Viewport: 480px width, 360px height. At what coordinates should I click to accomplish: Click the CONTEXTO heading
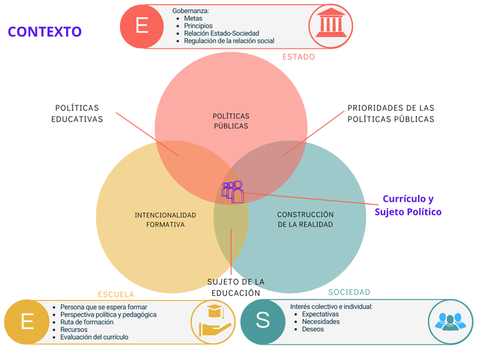click(45, 31)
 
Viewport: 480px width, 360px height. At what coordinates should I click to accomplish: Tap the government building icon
click(331, 26)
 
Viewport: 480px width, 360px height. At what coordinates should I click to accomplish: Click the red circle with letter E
click(142, 26)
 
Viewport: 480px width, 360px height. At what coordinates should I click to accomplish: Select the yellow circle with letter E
click(26, 322)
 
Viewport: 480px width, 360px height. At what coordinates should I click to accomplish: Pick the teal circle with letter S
click(262, 321)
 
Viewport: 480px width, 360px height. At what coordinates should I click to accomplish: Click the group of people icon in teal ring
click(449, 321)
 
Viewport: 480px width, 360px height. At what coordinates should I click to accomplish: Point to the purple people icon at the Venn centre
click(233, 191)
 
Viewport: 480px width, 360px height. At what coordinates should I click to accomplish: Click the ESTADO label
click(298, 57)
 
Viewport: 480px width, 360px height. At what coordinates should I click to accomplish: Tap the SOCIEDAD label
click(349, 292)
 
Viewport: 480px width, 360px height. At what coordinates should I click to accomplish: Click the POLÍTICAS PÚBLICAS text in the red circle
click(231, 121)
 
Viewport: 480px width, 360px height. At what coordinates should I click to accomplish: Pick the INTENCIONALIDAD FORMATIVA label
click(165, 220)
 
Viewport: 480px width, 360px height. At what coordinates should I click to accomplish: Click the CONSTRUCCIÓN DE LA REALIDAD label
click(305, 219)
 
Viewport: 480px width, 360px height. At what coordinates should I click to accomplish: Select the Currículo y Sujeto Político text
click(408, 205)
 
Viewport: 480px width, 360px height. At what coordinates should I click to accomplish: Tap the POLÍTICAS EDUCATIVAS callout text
click(77, 113)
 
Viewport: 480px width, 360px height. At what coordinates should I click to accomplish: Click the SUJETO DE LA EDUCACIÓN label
click(236, 287)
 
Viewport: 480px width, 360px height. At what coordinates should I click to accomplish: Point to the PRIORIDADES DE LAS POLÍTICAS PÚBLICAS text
click(390, 113)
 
